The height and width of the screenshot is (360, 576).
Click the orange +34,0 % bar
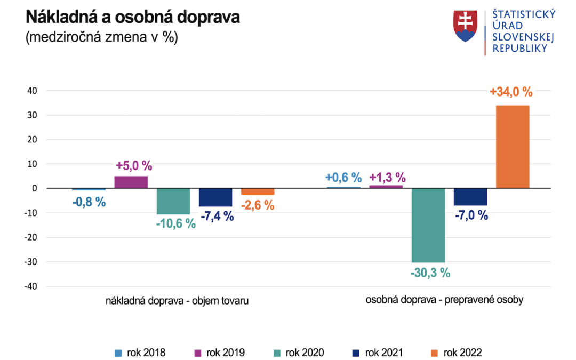pos(513,147)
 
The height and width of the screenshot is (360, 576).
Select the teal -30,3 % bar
pos(428,225)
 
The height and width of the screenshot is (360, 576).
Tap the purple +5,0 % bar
pos(131,182)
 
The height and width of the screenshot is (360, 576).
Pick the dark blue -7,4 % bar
pos(215,197)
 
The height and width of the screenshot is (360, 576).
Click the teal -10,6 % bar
pos(173,201)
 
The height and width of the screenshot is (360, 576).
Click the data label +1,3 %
pos(388,178)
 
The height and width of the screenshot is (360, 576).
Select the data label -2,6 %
pos(258,205)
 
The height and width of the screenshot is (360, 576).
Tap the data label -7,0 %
pos(470,215)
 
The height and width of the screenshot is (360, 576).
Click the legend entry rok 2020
pos(299,352)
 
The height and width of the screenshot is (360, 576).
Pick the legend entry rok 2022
pos(456,352)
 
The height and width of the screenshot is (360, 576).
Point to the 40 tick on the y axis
pos(32,91)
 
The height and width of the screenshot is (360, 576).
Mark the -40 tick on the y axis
pos(30,286)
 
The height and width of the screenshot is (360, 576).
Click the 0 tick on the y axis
pos(34,188)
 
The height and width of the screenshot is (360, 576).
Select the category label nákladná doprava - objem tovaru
pos(177,301)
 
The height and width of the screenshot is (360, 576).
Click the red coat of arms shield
pos(465,26)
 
